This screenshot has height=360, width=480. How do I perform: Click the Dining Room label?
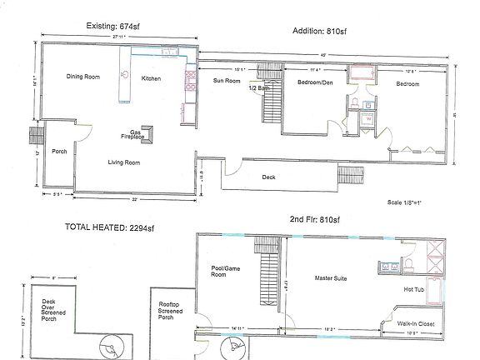pyautogui.click(x=83, y=77)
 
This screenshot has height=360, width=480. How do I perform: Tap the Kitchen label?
pyautogui.click(x=151, y=78)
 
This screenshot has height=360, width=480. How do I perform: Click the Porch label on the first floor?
pyautogui.click(x=59, y=152)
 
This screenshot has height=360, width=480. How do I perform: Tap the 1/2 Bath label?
pyautogui.click(x=260, y=87)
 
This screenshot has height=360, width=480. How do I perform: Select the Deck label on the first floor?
pyautogui.click(x=268, y=177)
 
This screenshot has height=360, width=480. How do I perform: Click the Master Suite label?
pyautogui.click(x=331, y=277)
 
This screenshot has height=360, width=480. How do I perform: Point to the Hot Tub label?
pyautogui.click(x=414, y=289)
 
